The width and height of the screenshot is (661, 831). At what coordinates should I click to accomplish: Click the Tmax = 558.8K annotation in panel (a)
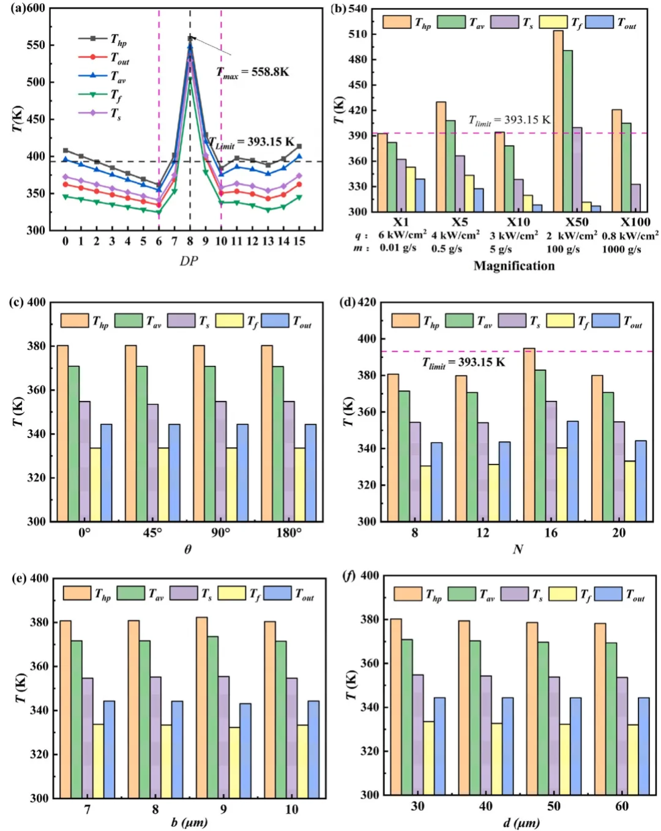(253, 72)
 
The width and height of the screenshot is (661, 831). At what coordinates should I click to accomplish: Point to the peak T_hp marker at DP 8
(190, 38)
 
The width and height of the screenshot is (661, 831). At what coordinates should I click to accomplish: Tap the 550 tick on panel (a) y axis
(35, 45)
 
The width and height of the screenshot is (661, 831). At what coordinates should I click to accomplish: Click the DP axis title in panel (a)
(189, 261)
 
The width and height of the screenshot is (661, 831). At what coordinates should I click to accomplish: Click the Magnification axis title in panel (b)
(514, 266)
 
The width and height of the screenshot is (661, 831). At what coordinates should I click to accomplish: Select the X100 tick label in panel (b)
(635, 222)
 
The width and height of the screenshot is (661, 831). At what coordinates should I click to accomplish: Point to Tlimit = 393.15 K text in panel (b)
(509, 120)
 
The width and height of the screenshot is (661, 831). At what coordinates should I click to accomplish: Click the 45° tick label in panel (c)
(152, 533)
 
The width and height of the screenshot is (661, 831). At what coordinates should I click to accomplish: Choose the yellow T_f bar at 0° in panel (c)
(95, 484)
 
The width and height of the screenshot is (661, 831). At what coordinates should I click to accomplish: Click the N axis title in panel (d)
(518, 550)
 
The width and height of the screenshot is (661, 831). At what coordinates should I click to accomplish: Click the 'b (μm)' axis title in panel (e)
(189, 822)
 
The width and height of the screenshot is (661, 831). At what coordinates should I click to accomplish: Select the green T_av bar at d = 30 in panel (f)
(406, 717)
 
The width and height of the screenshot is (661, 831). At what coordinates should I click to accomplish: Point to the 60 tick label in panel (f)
(622, 807)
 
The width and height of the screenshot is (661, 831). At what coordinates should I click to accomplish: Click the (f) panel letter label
(348, 576)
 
